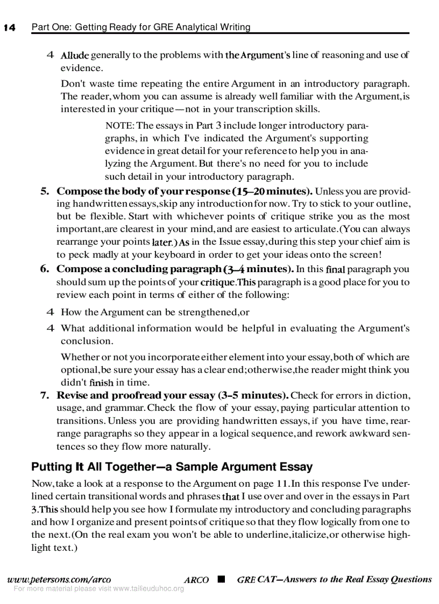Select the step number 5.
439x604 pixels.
tap(45, 191)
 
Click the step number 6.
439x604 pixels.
tap(45, 269)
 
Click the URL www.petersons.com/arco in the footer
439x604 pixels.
tap(59, 579)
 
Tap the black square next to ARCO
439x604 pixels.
tap(221, 579)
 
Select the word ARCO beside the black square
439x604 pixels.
tap(196, 580)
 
